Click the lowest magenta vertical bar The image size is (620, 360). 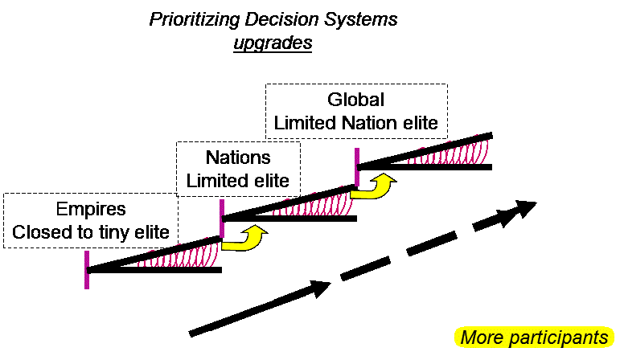coord(87,269)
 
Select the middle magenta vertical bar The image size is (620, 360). coord(222,218)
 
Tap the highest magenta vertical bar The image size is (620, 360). coord(357,166)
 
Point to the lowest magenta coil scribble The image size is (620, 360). coord(179,255)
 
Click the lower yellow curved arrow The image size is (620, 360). coord(244,240)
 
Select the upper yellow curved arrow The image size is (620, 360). coord(373,188)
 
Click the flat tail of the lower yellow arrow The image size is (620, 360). coord(228,246)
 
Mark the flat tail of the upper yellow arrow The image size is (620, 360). coord(358,194)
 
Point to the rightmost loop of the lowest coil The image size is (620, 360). coord(214,253)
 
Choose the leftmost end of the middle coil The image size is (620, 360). coord(274,213)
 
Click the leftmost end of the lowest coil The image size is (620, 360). coord(139,264)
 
